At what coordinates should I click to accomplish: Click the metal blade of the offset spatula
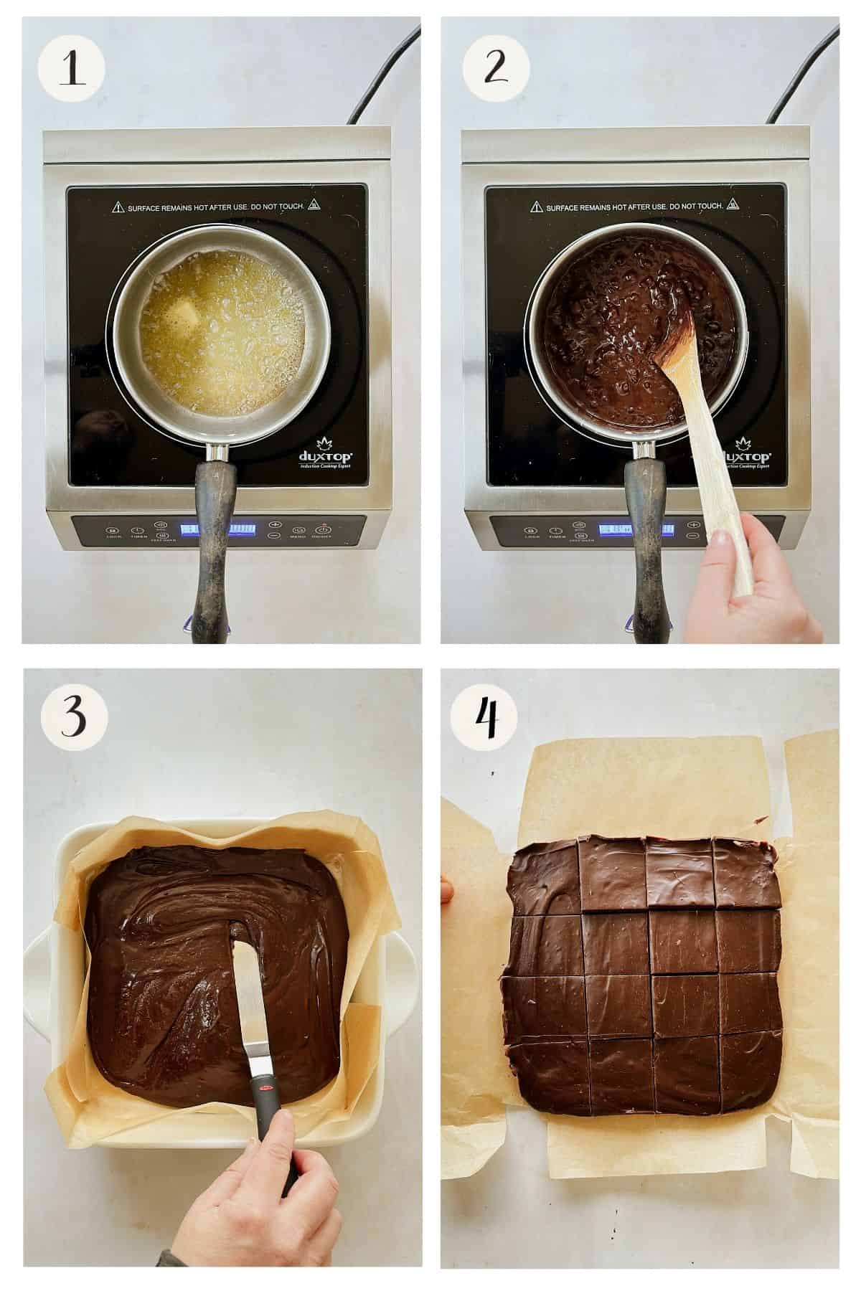pyautogui.click(x=245, y=1004)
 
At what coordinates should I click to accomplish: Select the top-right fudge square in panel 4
pyautogui.click(x=747, y=874)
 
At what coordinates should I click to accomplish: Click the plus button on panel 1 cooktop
pyautogui.click(x=274, y=524)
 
